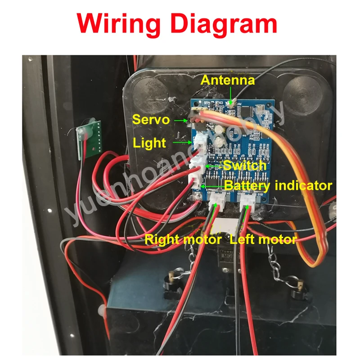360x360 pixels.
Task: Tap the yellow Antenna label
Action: (x=228, y=80)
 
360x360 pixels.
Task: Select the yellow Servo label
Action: (x=151, y=120)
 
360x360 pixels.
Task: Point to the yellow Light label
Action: (x=149, y=143)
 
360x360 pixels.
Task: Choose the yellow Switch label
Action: (x=245, y=165)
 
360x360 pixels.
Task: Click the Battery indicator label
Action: (x=278, y=185)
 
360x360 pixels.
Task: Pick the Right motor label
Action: (x=183, y=239)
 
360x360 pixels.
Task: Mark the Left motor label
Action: (x=263, y=239)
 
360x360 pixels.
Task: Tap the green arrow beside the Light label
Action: (x=182, y=143)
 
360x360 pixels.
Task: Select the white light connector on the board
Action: (x=199, y=144)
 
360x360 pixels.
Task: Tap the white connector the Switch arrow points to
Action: (x=197, y=166)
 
